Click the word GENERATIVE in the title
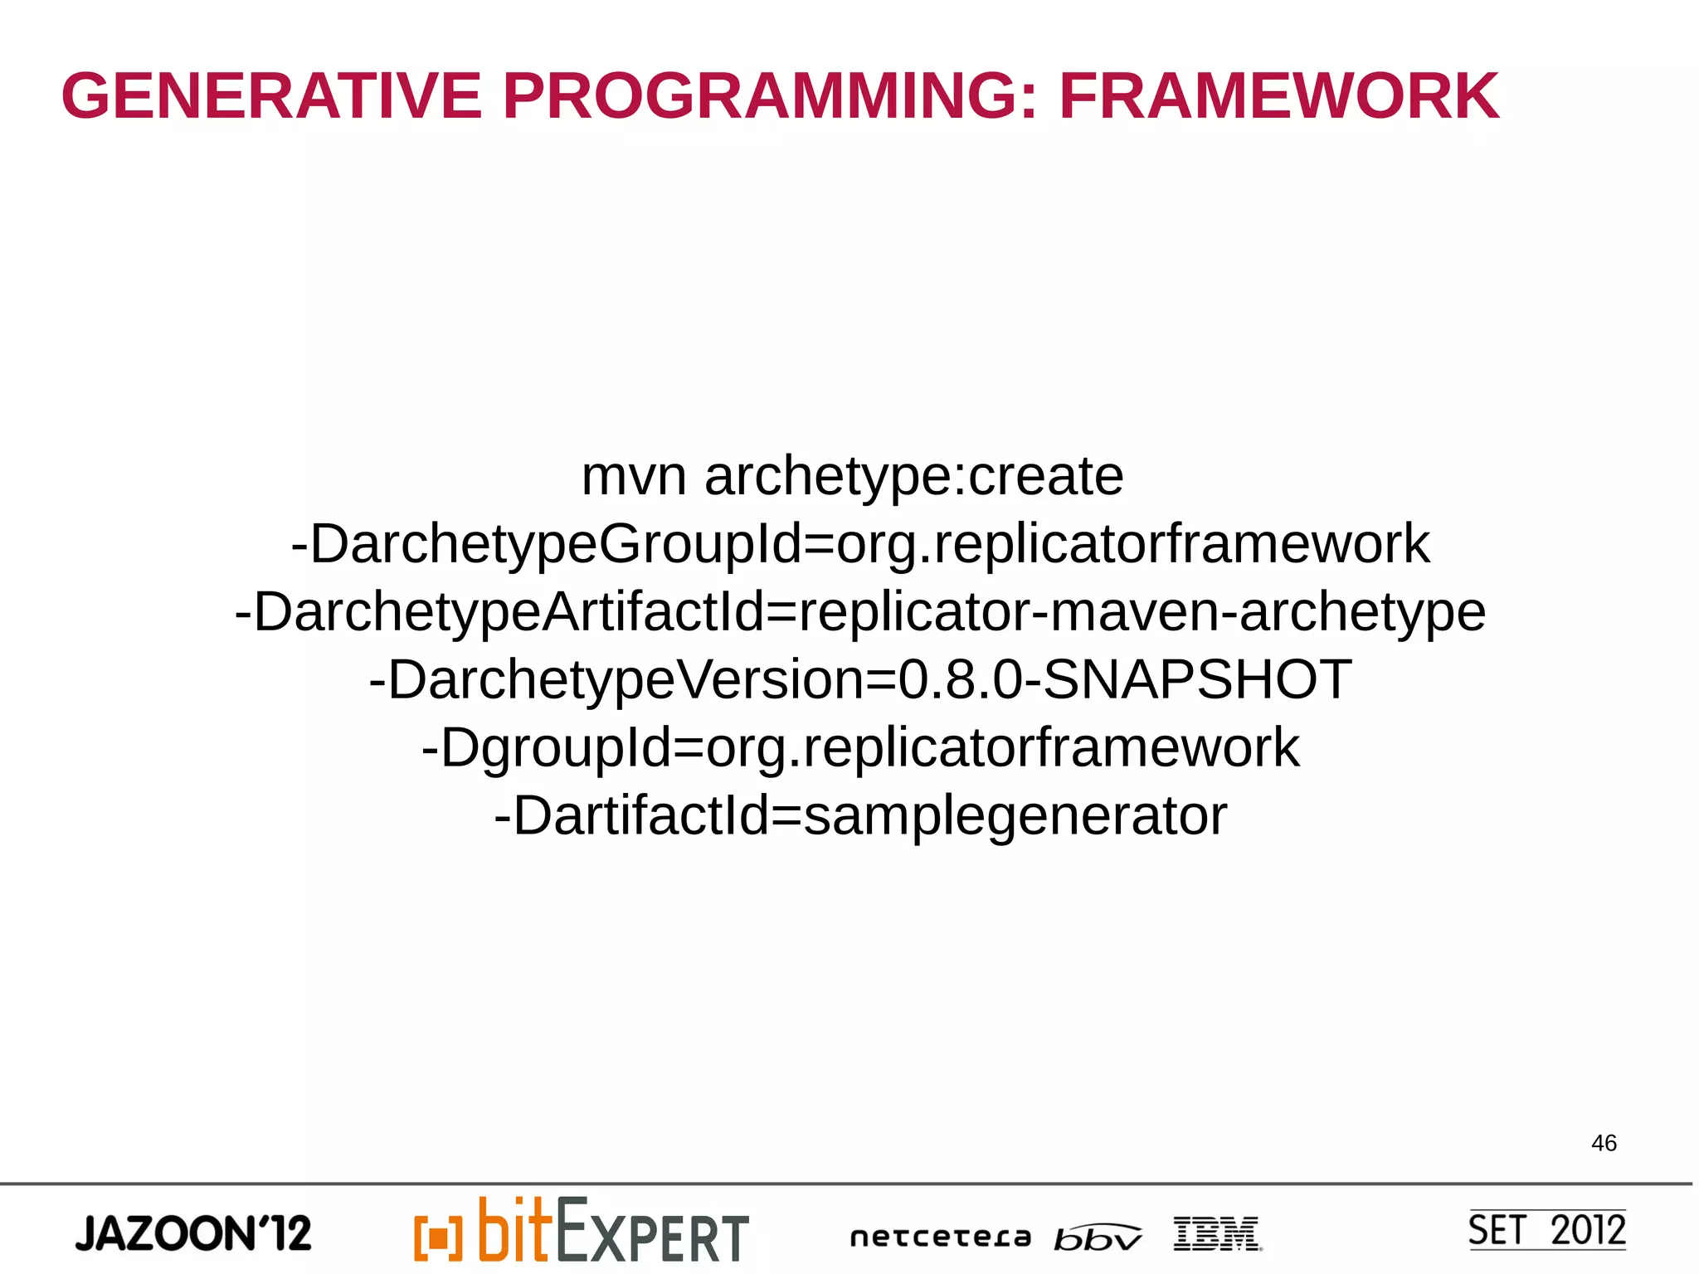click(271, 96)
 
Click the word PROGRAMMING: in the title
click(770, 96)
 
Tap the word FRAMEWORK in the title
click(1278, 96)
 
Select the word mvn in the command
click(634, 477)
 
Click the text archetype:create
click(913, 477)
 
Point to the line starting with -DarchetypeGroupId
click(859, 545)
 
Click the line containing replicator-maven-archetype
click(859, 613)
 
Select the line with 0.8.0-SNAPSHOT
click(859, 680)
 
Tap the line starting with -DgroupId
click(859, 748)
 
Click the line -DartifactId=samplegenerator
click(859, 816)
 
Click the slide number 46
click(1604, 1143)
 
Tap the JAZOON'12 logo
click(193, 1233)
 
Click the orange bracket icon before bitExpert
click(437, 1238)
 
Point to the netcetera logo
click(941, 1238)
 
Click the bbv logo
click(1097, 1238)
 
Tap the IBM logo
click(1217, 1234)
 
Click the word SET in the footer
click(1497, 1230)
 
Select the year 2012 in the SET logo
click(1588, 1230)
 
